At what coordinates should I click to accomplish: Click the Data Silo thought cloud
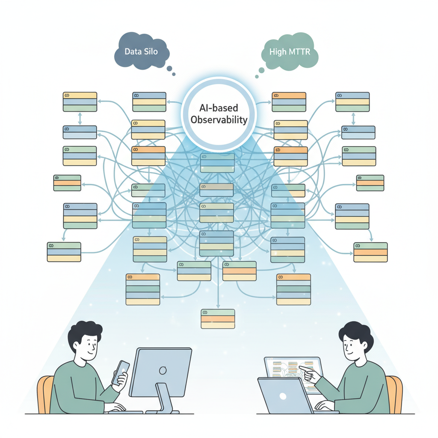[142, 51]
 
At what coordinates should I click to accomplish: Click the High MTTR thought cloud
[290, 51]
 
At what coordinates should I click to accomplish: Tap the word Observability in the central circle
[219, 120]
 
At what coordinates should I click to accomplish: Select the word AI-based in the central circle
[219, 108]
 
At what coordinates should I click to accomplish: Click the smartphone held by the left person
[121, 373]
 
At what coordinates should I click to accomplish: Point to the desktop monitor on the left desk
[161, 372]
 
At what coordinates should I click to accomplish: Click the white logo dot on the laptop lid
[283, 396]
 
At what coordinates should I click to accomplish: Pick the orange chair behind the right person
[394, 394]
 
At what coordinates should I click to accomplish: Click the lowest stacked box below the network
[218, 319]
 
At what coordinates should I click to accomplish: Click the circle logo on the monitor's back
[163, 370]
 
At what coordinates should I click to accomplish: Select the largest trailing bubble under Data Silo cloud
[169, 69]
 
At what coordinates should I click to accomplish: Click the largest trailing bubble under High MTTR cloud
[261, 70]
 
